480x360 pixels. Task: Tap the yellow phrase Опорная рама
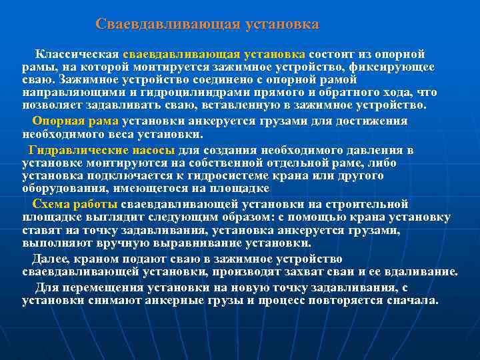pyautogui.click(x=75, y=121)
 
